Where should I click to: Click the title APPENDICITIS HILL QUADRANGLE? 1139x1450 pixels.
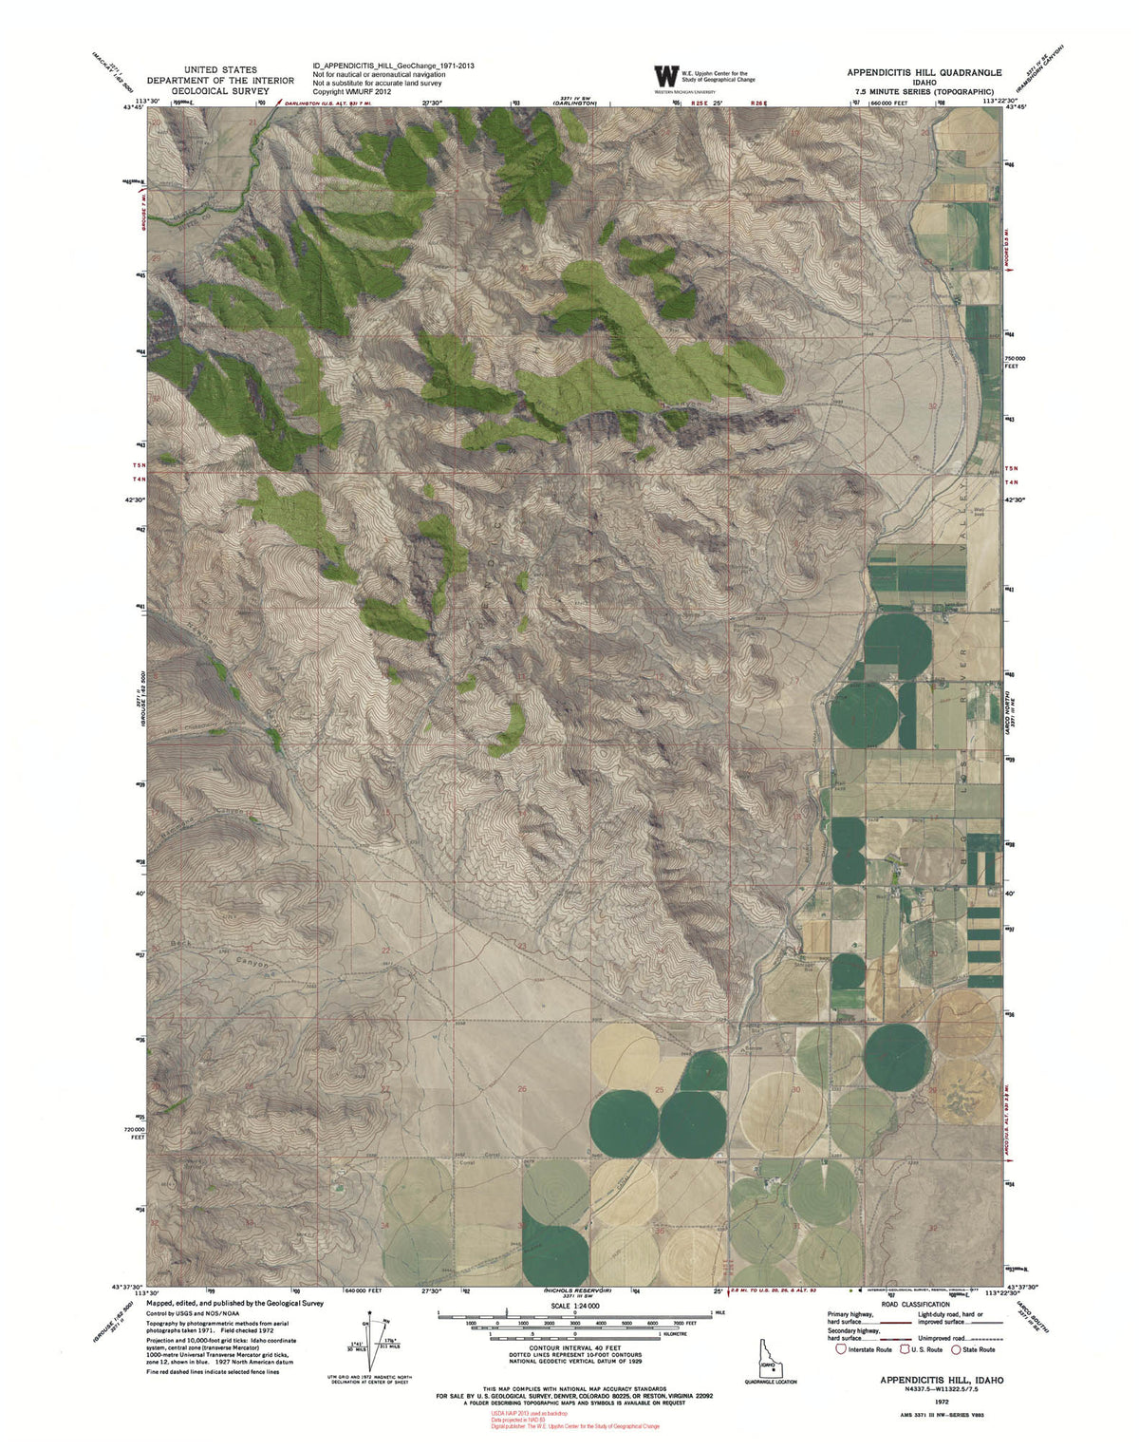(924, 72)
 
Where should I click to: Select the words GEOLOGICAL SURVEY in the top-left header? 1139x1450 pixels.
(220, 91)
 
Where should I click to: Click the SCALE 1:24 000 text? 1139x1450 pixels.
(574, 1307)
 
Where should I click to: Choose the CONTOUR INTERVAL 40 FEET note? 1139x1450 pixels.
(575, 1347)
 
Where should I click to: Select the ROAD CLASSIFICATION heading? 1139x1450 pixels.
(915, 1305)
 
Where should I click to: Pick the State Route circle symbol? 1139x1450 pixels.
(958, 1348)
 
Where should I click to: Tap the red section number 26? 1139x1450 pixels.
(521, 1089)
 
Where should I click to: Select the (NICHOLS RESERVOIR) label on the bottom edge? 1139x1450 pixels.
(576, 1290)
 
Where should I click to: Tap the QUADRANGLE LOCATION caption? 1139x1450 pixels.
(770, 1382)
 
